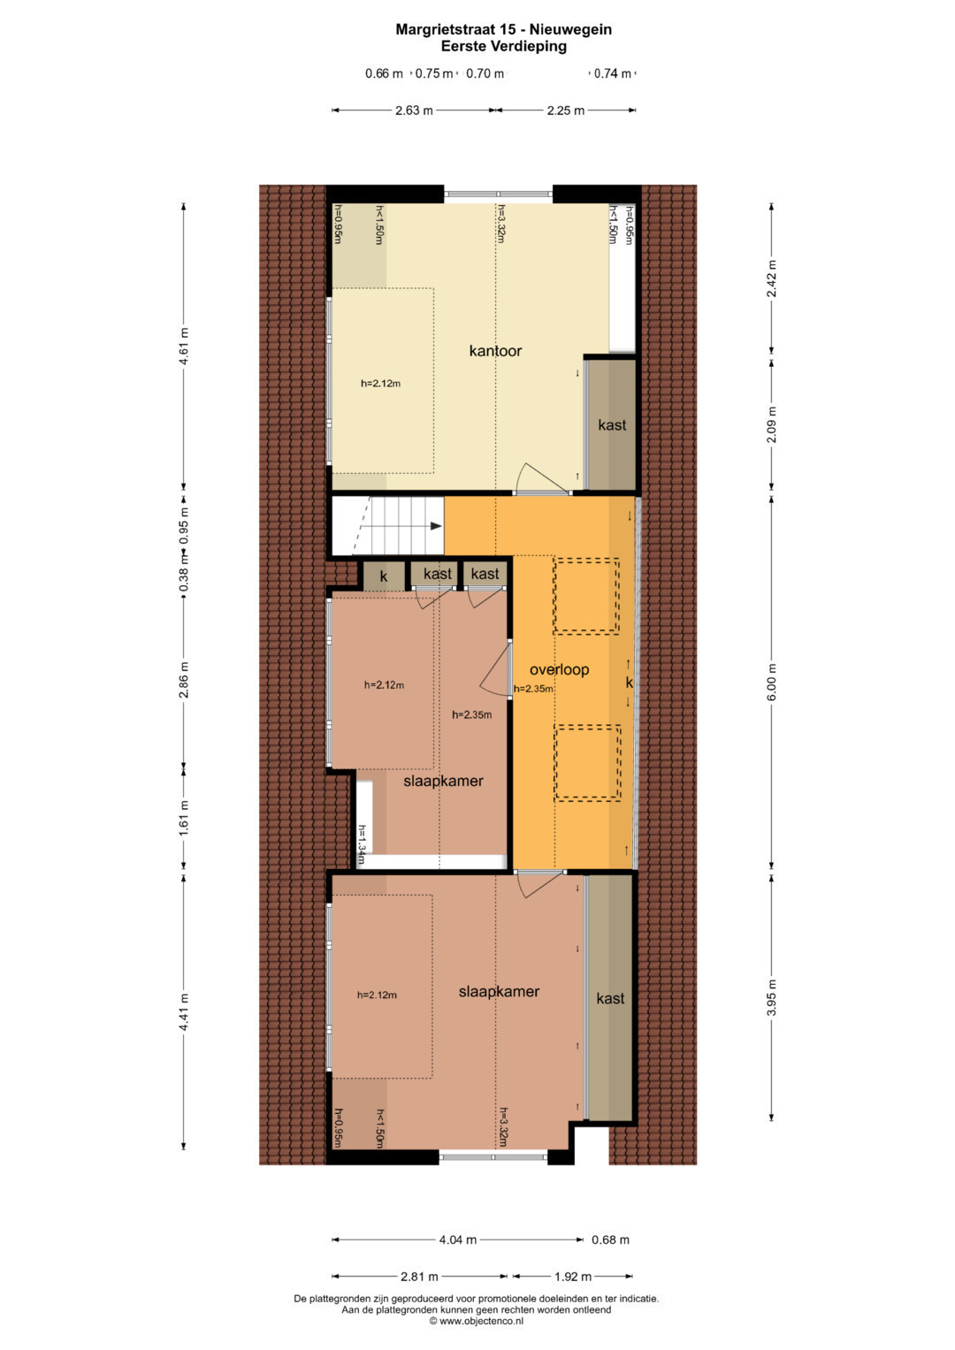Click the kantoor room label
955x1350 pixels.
[495, 351]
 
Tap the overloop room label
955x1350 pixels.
[559, 669]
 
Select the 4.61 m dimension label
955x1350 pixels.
[184, 346]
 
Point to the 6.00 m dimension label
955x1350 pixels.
[772, 682]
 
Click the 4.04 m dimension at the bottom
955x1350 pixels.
[458, 1239]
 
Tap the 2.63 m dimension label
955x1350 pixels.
[414, 111]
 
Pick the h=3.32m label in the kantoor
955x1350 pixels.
[500, 224]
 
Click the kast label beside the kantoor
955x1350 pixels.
[612, 425]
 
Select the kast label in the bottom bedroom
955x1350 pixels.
[610, 999]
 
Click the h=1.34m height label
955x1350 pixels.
[362, 844]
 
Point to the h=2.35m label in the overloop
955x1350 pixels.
[533, 689]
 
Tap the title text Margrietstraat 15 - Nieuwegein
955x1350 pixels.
[503, 29]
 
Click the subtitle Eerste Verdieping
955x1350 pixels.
[503, 46]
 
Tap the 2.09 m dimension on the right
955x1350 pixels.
[772, 425]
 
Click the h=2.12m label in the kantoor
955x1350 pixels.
[380, 384]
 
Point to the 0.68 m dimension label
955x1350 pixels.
[610, 1239]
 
